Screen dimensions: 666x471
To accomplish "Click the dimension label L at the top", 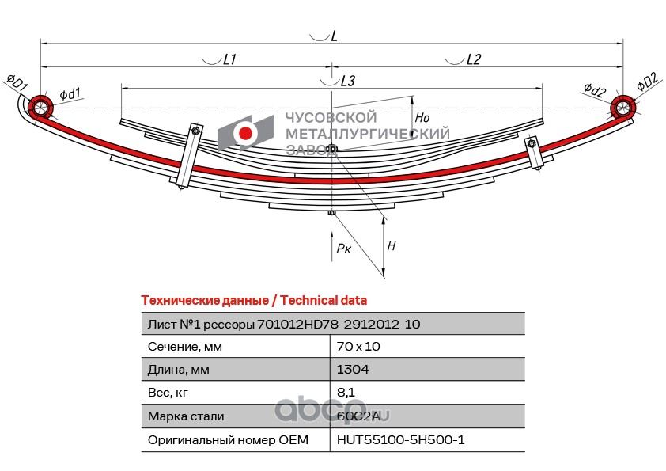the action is pos(335,36).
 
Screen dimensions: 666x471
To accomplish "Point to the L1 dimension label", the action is pos(229,59).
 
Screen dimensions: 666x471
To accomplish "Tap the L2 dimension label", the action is pos(473,59).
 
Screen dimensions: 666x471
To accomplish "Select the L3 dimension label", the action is pos(347,81).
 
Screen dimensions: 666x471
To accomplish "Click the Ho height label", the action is pos(422,117).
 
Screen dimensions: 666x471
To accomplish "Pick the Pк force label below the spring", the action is pos(343,249).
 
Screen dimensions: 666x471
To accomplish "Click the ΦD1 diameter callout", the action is pos(17,82).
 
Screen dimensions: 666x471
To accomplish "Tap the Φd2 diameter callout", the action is pos(594,89).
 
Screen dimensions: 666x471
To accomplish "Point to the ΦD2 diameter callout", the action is pos(648,82).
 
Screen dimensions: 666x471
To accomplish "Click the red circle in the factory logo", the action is pos(245,133).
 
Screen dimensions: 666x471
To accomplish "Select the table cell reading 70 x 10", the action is pos(358,347).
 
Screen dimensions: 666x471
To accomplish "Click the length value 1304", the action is pos(353,370).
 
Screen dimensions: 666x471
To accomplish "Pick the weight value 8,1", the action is pos(346,393).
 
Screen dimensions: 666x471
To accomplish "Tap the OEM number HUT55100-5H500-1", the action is pos(400,439).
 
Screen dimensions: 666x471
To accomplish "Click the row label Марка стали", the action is pos(186,416).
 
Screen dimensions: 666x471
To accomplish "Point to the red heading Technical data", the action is pos(324,301).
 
